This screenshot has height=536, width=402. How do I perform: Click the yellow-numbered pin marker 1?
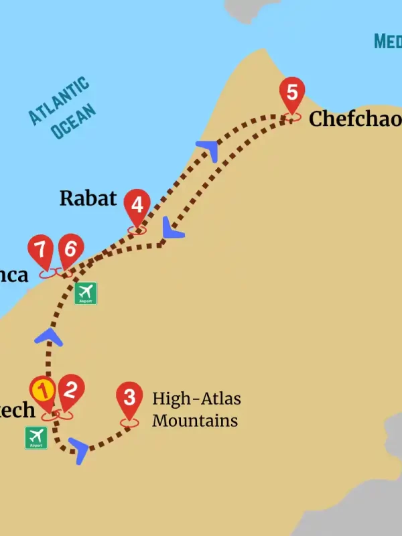(43, 390)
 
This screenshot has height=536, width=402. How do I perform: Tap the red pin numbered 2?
(71, 389)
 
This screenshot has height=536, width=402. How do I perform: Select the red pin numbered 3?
(129, 397)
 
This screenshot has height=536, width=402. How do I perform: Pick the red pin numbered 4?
(137, 204)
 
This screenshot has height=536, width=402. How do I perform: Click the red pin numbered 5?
(291, 92)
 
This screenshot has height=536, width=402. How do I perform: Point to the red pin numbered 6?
(70, 249)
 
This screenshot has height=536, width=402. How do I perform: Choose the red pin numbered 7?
(41, 250)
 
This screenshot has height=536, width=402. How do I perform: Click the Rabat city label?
(88, 198)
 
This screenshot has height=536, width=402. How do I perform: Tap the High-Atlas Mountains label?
(196, 409)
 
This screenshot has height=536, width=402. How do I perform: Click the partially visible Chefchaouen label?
(354, 119)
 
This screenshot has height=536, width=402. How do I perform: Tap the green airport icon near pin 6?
(86, 293)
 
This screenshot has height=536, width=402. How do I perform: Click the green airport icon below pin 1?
(36, 438)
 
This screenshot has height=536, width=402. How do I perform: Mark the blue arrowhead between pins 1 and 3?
(79, 450)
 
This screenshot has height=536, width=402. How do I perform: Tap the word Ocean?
(73, 121)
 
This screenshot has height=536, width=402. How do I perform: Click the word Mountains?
(194, 421)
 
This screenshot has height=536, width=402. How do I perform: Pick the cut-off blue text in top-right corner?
(388, 42)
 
